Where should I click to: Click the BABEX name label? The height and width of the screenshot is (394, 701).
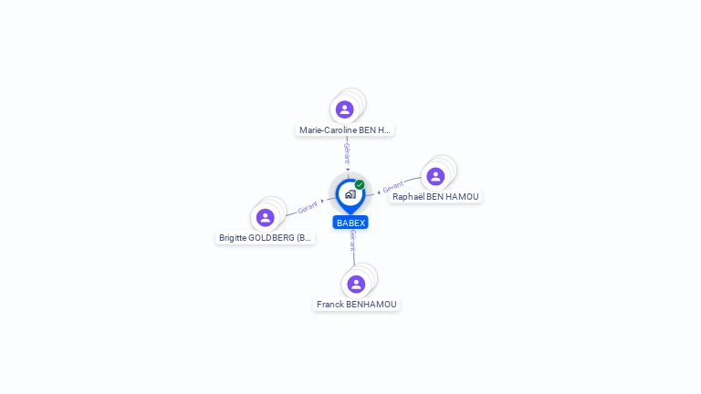point(350,223)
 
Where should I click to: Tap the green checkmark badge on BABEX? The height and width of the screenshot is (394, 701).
point(360,184)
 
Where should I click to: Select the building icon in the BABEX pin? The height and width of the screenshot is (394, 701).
point(350,194)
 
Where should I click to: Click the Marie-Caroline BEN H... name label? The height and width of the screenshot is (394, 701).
point(345,130)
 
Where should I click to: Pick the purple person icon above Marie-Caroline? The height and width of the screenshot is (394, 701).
point(344,109)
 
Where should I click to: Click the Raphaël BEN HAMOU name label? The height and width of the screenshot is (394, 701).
point(435,196)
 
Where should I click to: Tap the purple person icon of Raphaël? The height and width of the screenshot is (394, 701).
point(435,176)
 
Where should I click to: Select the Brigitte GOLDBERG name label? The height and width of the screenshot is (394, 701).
point(265,237)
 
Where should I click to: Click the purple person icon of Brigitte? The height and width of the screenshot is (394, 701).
point(266,217)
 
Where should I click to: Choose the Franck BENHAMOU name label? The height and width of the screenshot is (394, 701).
point(357,304)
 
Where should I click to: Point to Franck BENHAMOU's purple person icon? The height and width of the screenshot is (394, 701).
point(356,284)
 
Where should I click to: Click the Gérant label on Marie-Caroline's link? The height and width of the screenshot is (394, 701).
point(347,153)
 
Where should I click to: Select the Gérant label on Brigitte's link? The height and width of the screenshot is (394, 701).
point(308,207)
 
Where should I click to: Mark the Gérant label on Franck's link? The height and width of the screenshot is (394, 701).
point(352,240)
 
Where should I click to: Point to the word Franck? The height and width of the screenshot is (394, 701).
point(330,304)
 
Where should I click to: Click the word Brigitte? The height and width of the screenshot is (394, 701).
point(233,237)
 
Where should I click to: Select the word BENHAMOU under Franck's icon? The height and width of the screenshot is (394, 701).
point(371,304)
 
